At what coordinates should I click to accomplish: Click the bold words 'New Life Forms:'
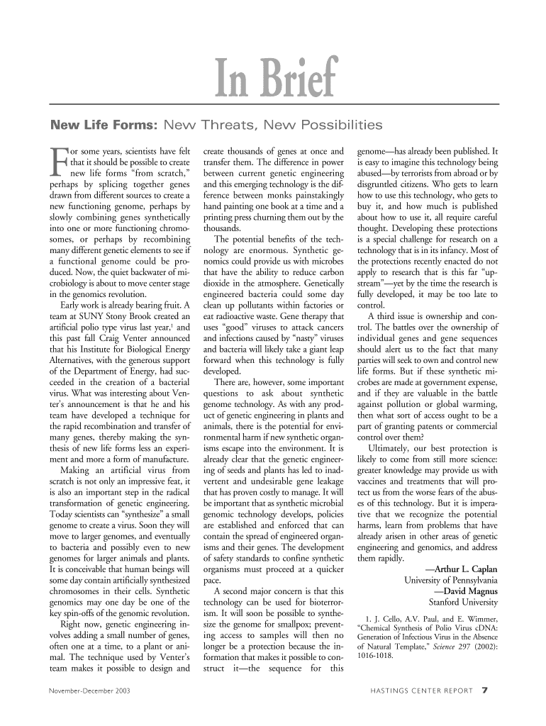click(x=99, y=126)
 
